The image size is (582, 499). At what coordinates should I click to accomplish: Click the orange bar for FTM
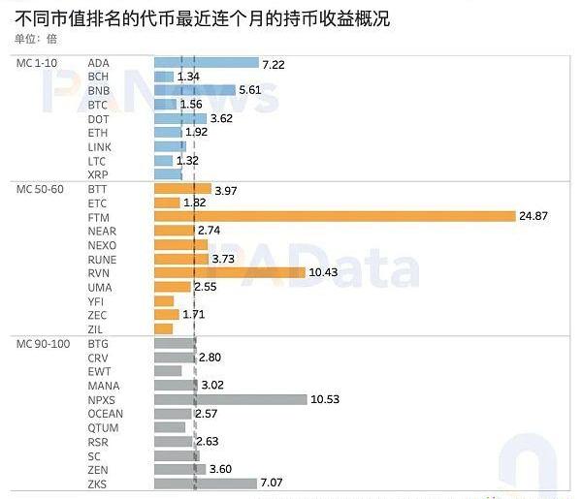[335, 216]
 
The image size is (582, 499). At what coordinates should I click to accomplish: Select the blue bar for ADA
[206, 62]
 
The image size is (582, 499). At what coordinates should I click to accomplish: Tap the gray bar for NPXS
[230, 399]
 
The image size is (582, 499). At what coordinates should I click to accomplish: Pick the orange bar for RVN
[229, 272]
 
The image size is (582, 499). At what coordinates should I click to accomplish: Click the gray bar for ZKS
[205, 483]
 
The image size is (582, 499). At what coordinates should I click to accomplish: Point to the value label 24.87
[533, 216]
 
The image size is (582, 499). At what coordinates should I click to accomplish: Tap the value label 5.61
[251, 90]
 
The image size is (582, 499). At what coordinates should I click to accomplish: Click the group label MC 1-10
[38, 63]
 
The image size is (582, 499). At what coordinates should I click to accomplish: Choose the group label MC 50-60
[41, 189]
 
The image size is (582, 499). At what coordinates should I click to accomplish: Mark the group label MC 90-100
[44, 344]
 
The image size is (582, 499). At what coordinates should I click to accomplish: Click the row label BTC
[98, 105]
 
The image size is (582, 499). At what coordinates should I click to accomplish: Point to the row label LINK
[100, 146]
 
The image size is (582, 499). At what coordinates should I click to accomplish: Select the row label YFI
[96, 301]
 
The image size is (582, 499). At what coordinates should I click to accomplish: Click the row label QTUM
[103, 427]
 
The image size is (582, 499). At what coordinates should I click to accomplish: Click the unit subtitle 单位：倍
[36, 39]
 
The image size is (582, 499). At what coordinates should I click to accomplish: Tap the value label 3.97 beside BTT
[225, 190]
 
